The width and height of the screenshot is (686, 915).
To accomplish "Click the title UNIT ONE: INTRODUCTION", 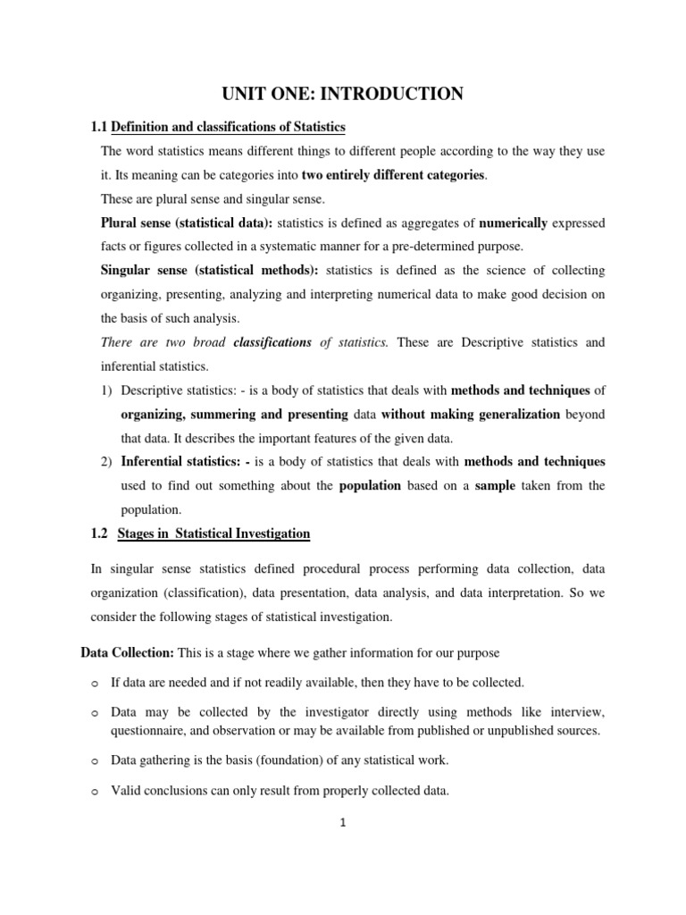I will [342, 93].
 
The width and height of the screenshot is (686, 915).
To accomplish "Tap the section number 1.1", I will [99, 128].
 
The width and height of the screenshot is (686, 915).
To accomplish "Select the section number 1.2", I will [99, 533].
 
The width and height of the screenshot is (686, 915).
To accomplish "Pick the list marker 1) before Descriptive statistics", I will [106, 390].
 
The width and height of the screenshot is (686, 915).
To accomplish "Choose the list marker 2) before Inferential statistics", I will [106, 462].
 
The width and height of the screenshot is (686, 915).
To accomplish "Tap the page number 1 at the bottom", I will [342, 824].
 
